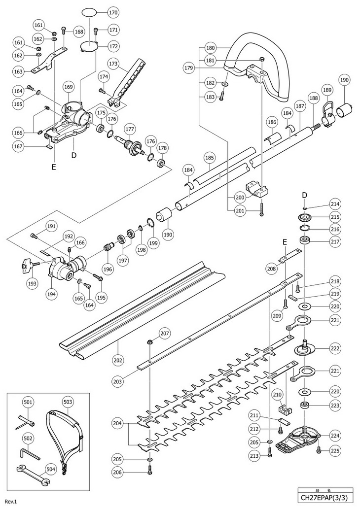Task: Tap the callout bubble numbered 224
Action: [x=335, y=435]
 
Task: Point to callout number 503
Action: [x=68, y=403]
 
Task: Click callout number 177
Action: [x=130, y=130]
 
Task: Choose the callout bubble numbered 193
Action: [x=32, y=283]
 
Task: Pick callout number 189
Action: [x=326, y=90]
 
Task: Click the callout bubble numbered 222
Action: [x=335, y=348]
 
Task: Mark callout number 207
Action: [x=164, y=334]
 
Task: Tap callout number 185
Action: [x=210, y=158]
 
